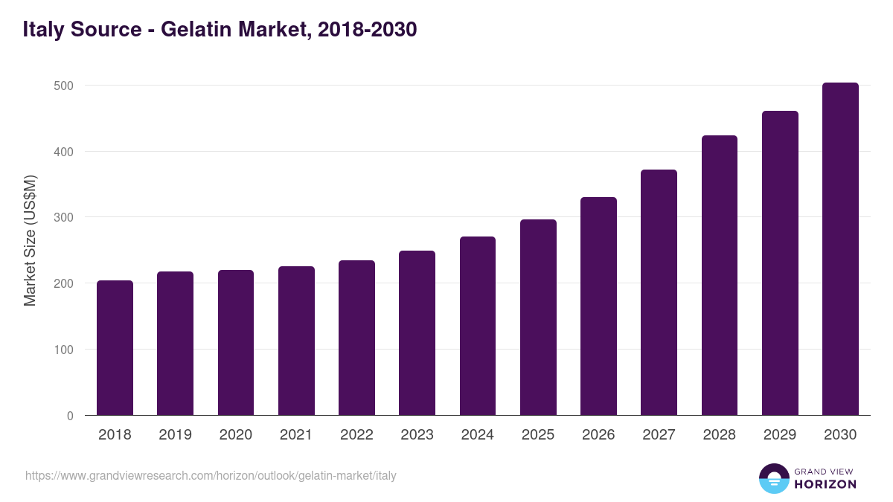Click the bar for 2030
coord(840,249)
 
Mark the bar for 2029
coord(780,263)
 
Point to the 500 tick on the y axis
coord(64,86)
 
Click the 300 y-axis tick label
coord(64,217)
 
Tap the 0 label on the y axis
coord(70,416)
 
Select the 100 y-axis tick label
coord(64,350)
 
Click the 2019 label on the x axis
coord(175,435)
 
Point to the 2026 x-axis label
coord(598,435)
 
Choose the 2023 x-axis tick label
coord(417,435)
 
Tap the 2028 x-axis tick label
coord(720,435)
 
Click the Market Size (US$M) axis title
coord(30,240)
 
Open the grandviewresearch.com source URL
coord(211,475)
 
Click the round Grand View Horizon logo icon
coord(773,478)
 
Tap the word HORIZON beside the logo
coord(825,484)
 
